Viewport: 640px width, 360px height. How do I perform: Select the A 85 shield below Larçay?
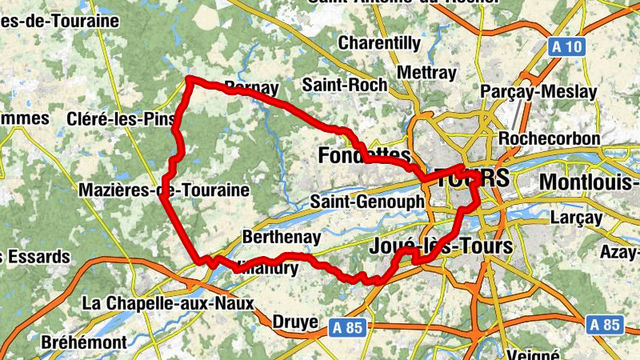(x=605, y=324)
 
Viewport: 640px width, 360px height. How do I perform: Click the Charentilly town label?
(x=379, y=42)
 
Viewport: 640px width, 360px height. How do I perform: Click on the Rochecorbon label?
(x=549, y=138)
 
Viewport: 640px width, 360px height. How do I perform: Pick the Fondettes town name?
(x=364, y=156)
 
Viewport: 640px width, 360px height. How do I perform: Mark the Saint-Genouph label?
(x=366, y=202)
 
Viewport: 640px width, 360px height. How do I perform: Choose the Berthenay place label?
(x=281, y=238)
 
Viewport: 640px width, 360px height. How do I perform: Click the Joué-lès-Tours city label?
(x=442, y=246)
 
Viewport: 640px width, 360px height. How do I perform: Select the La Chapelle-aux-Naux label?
(x=168, y=304)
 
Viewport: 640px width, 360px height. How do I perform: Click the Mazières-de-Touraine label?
(x=164, y=190)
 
